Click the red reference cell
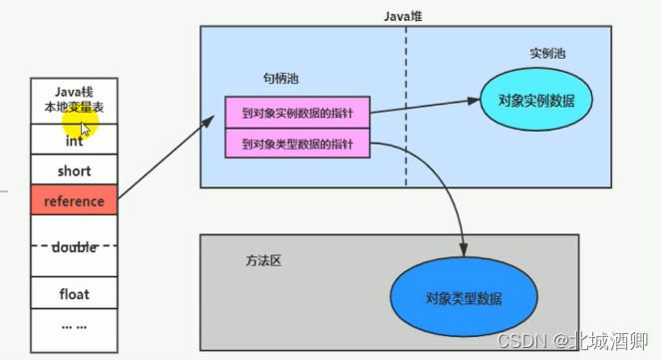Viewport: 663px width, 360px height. [x=74, y=200]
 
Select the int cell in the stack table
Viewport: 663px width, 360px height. [x=74, y=142]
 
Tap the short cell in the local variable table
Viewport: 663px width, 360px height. [x=74, y=171]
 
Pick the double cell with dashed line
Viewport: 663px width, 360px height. [x=74, y=246]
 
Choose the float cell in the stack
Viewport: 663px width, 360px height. [x=74, y=294]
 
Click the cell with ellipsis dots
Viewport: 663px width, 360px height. [x=74, y=324]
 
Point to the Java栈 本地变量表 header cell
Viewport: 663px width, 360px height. [x=74, y=99]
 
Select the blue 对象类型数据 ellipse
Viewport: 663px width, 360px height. [x=463, y=298]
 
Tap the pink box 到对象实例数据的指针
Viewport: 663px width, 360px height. [x=297, y=114]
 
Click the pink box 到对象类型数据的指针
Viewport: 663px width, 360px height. [x=297, y=145]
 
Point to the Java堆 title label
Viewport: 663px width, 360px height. [x=406, y=16]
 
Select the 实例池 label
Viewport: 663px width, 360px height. [x=546, y=53]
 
